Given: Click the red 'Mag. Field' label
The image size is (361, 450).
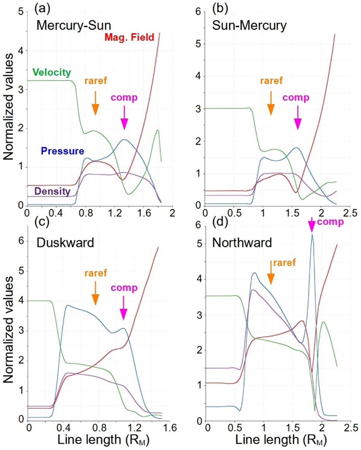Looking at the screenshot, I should click(x=129, y=37).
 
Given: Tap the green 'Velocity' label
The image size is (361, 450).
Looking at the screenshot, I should click(x=52, y=72).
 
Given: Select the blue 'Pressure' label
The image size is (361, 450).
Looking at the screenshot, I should click(x=63, y=151).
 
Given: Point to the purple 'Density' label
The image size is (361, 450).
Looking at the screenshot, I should click(x=52, y=191).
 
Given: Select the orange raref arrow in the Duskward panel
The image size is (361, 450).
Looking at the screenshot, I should click(x=95, y=293).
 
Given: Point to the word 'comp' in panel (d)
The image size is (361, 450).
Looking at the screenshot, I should click(x=330, y=222).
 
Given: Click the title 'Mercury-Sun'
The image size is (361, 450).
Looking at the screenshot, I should click(x=74, y=25).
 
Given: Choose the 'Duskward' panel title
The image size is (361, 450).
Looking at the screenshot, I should click(x=65, y=243).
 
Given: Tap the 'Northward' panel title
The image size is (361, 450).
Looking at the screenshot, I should click(x=242, y=243).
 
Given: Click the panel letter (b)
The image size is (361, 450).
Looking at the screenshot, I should click(x=220, y=8).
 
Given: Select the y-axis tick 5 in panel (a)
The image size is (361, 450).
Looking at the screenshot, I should click(x=20, y=12).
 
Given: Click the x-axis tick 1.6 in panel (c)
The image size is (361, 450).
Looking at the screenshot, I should click(x=170, y=427).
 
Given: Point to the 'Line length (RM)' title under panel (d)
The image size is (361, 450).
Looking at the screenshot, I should click(x=280, y=440).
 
